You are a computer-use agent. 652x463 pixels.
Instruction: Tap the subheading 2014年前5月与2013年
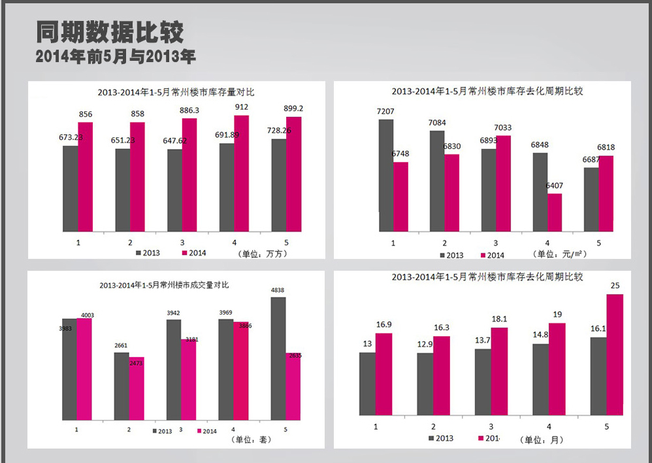(116, 57)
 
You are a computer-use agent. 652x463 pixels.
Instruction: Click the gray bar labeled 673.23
(71, 188)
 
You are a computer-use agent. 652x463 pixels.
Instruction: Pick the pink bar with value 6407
(555, 212)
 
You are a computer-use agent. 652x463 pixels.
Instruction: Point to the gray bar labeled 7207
(386, 175)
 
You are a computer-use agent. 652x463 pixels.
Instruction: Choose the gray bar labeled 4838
(278, 358)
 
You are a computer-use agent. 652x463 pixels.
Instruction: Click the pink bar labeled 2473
(137, 388)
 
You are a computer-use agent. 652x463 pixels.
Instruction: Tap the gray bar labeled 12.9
(425, 384)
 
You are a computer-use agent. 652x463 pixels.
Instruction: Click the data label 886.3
(189, 111)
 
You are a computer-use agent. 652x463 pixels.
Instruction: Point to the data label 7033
(503, 128)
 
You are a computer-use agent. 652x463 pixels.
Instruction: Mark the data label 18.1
(499, 319)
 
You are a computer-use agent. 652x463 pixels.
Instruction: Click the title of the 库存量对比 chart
(176, 92)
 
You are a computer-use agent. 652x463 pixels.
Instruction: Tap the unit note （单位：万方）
(259, 253)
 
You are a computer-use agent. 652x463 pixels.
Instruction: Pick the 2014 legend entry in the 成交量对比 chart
(206, 431)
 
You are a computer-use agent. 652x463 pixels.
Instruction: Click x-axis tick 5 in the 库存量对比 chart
(286, 241)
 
